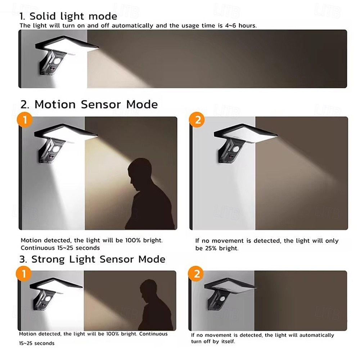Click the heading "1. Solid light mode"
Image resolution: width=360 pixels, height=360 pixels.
coord(68,16)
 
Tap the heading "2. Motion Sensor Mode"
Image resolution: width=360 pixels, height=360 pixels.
coord(89,104)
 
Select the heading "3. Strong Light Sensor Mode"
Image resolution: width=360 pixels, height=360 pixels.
coord(92,259)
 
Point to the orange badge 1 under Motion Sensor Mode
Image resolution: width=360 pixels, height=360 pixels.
coord(24,120)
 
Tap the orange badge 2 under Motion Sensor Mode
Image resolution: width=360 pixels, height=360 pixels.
coord(197,120)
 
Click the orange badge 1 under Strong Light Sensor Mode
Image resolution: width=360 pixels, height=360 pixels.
coord(24,274)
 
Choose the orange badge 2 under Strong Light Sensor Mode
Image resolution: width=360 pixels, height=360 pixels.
coord(196,274)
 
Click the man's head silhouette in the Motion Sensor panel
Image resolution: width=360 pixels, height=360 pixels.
coord(140,174)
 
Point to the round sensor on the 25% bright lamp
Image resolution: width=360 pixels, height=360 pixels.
coord(235,149)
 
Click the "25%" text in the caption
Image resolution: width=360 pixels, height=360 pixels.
coord(211,248)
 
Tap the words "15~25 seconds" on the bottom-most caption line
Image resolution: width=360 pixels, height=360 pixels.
coord(37,343)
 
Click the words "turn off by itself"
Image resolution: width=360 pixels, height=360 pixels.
coord(213,341)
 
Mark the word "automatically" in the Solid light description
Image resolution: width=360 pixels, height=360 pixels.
coord(132,26)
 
